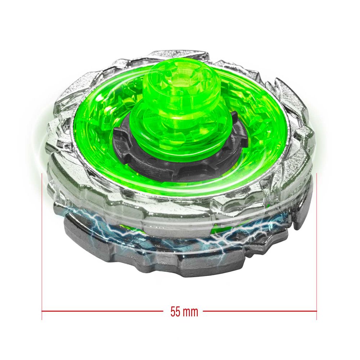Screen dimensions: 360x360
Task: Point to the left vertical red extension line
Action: pos(42,245)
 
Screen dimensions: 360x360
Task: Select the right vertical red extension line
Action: pos(317,245)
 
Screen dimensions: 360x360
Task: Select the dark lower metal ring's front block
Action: pos(202,266)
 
